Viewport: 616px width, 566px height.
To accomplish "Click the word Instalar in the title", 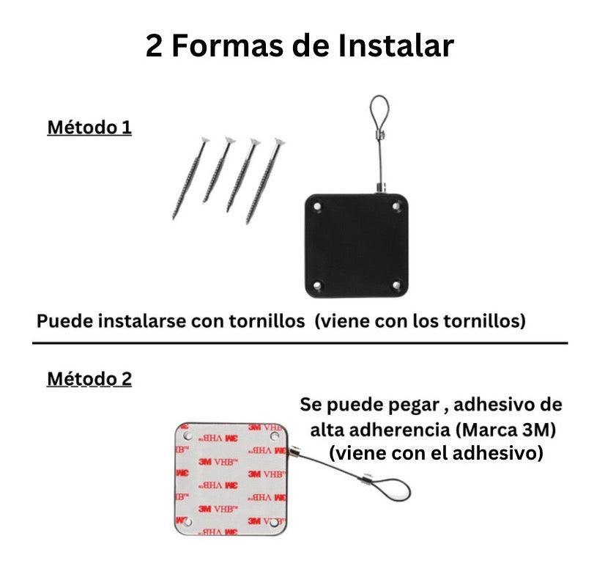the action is [x=396, y=45].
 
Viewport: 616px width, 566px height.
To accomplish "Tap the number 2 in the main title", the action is [x=154, y=46].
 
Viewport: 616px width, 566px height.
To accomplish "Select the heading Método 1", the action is [x=89, y=128].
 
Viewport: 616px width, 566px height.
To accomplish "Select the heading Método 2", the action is [x=89, y=379].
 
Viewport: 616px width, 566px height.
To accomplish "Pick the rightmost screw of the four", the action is [x=266, y=180].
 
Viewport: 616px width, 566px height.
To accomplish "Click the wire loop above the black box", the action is [x=379, y=115].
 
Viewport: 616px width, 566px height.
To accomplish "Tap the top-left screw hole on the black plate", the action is [x=317, y=206].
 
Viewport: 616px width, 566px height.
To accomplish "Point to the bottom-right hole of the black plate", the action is [x=396, y=284].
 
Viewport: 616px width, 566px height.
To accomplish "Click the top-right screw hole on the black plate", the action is [x=396, y=206].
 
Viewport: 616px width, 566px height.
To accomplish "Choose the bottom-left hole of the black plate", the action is [x=317, y=285].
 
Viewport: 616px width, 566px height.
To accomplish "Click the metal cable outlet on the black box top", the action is [x=381, y=188].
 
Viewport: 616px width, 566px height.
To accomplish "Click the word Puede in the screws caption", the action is [x=64, y=321].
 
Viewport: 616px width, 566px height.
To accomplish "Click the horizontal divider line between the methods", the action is [x=300, y=343].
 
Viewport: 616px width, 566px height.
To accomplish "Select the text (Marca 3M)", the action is [x=506, y=430].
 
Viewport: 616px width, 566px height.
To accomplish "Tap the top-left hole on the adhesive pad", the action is [x=188, y=435].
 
